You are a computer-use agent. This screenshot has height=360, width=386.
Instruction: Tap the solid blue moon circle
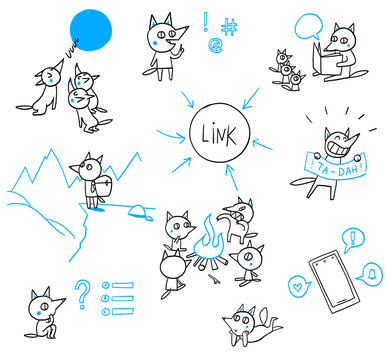(x=97, y=29)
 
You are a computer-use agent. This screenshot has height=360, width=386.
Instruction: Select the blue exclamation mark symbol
(x=205, y=21)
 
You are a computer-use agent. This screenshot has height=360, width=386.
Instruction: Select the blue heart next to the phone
(x=296, y=282)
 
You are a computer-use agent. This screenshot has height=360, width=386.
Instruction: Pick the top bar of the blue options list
(x=122, y=285)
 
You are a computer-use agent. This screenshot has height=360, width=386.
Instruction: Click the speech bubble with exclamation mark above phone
(x=351, y=240)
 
